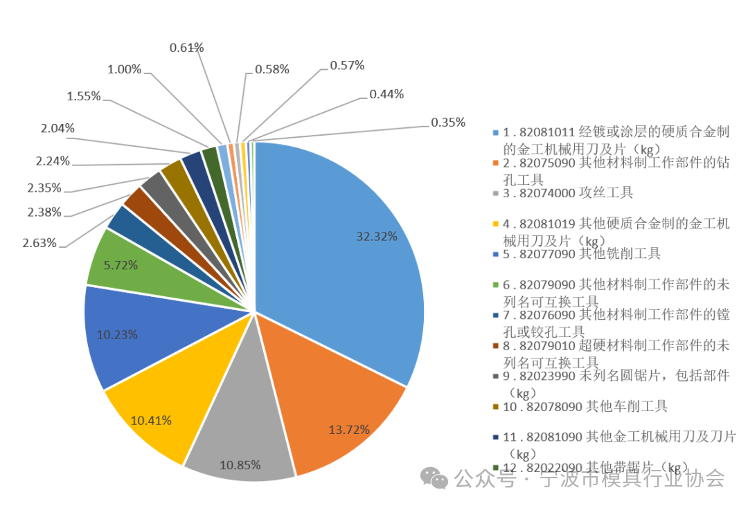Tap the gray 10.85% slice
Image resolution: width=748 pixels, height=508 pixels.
tap(239, 443)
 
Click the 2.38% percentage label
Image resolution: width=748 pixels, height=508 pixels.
tap(44, 212)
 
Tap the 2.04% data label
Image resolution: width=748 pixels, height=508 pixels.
tap(57, 128)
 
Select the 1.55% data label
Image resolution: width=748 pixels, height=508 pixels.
tap(84, 96)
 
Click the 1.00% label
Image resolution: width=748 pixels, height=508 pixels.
tap(124, 69)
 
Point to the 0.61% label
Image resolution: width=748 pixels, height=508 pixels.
tap(186, 48)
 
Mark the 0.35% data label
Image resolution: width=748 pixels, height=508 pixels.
tap(447, 123)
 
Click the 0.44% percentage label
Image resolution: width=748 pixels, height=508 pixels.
tap(386, 94)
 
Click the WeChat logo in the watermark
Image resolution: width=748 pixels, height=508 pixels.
tap(435, 478)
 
